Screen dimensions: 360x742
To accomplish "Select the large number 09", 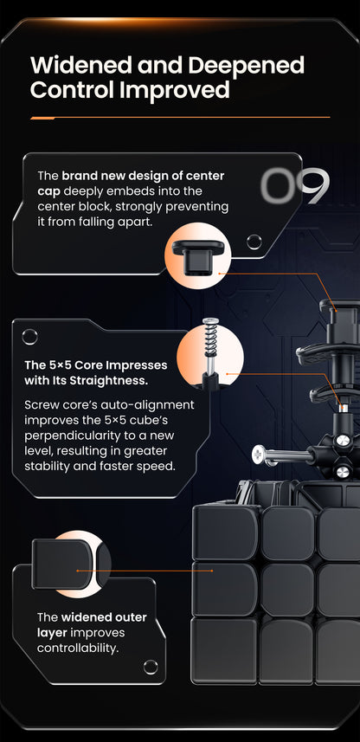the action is coord(295,185).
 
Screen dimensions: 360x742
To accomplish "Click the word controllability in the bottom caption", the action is coord(77,648).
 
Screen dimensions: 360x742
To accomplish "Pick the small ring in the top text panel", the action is coord(254,242).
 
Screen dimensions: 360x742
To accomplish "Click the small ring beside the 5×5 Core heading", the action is coord(29,337).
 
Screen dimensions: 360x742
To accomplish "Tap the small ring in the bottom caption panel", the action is coord(151,667).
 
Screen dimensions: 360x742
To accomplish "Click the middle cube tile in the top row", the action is coord(287,533).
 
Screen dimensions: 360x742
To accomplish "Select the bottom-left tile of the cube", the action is coord(224,648).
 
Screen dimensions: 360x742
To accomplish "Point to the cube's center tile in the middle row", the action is coord(287,589).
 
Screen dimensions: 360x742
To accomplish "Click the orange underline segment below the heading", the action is coord(42,118).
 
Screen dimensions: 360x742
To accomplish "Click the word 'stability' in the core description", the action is coord(44,466).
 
